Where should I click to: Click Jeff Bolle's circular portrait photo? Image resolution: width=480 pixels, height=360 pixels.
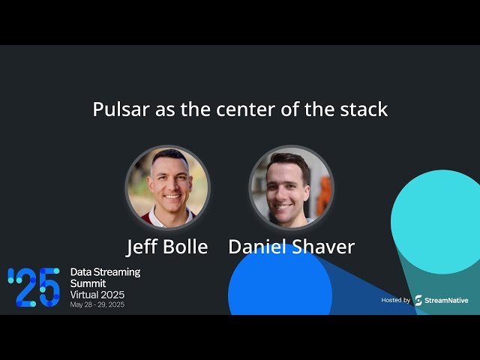167,187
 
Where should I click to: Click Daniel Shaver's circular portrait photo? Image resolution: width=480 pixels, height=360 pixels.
290,187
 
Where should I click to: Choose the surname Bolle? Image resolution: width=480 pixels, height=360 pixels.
187,246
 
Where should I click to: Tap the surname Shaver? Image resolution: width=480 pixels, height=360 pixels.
323,246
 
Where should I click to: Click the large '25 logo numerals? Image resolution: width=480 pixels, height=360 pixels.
34,286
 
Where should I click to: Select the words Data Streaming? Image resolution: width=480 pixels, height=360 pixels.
105,271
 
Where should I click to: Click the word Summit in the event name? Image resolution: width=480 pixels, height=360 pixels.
88,283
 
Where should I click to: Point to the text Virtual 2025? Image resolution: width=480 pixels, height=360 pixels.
97,295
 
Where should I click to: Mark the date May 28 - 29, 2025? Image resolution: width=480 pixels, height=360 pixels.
97,305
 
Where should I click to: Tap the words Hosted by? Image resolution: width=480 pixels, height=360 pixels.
395,300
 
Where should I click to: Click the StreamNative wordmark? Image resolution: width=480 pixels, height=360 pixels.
447,300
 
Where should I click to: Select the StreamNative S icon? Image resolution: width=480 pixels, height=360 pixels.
418,300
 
